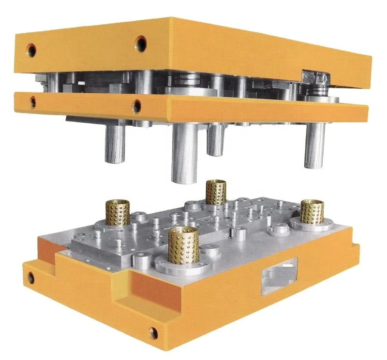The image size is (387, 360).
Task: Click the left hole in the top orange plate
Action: (x=31, y=49)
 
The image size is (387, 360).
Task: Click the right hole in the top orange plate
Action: (x=141, y=43)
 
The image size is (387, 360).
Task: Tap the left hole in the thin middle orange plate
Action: (x=32, y=101)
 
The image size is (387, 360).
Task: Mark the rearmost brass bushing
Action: (x=216, y=192)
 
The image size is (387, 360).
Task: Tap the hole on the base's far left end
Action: (x=31, y=278)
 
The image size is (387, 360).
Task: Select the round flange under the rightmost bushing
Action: (x=312, y=224)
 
